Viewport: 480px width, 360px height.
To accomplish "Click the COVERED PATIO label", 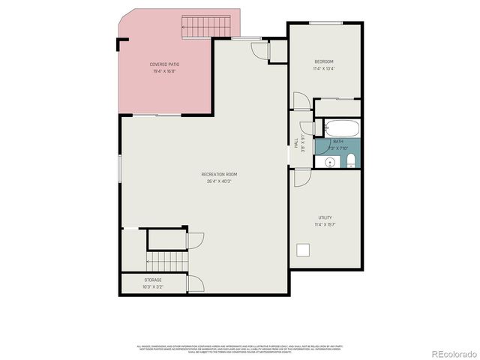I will click(x=164, y=64).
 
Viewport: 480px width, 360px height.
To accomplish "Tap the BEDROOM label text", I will click(x=324, y=61).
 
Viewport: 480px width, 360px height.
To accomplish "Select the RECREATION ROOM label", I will click(x=219, y=175).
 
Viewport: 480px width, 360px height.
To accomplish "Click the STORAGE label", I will click(x=152, y=280).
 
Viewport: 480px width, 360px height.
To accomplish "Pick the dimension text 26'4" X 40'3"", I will click(x=219, y=181).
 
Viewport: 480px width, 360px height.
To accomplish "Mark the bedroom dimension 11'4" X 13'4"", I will click(x=324, y=68).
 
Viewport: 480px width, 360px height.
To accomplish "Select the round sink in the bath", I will click(x=329, y=161).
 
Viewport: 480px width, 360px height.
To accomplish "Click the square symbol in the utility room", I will click(x=304, y=250).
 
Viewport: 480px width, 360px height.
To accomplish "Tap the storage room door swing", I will click(x=195, y=283).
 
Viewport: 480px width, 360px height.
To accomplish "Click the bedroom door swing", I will click(x=300, y=102).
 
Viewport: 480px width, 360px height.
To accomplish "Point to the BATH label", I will click(x=338, y=142).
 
